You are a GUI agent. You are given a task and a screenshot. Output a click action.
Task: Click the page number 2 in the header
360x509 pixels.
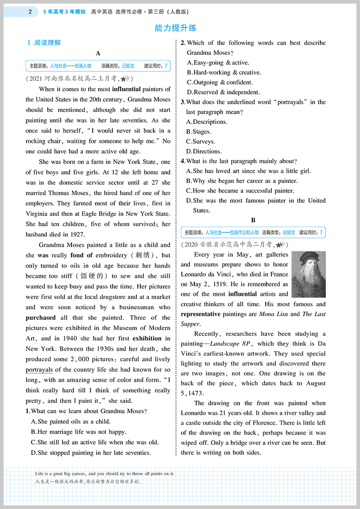coord(30,11)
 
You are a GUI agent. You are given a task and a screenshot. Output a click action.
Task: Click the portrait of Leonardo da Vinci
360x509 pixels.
coord(308,274)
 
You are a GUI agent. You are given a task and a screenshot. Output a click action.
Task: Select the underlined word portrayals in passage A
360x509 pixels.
coord(39,370)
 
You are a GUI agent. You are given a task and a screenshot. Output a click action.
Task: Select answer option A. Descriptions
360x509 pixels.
coord(207,122)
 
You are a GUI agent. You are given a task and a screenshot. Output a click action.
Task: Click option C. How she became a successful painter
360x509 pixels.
coord(240,191)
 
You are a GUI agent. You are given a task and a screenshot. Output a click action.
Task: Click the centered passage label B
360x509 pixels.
coord(253,220)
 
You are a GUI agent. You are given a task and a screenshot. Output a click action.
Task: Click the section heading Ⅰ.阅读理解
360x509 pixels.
coord(44,43)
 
